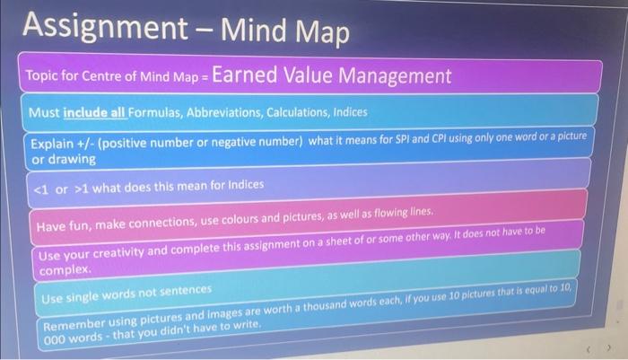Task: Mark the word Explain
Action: pos(53,144)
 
